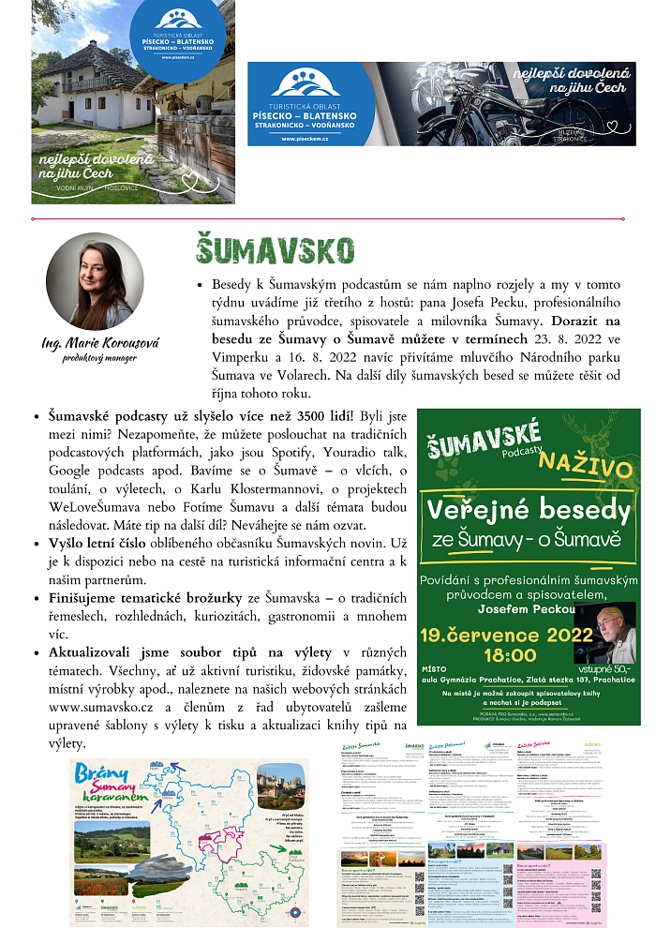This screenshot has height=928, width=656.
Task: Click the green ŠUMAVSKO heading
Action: pos(275,250)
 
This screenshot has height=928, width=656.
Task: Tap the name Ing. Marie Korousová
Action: pos(99,343)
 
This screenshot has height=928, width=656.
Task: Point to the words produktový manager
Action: pos(99,357)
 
